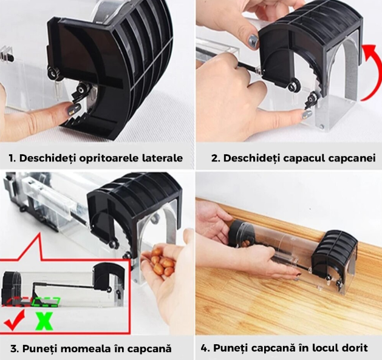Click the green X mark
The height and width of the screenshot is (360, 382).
[x=44, y=321]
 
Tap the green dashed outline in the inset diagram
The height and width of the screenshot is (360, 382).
[x=46, y=302]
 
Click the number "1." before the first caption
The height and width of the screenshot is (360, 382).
[x=13, y=158]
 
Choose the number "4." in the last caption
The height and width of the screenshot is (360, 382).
[x=206, y=348]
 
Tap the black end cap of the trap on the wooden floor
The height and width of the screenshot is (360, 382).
[x=238, y=233]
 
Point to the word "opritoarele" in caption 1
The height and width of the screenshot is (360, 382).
[x=109, y=158]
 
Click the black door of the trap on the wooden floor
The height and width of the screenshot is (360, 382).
[x=333, y=253]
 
